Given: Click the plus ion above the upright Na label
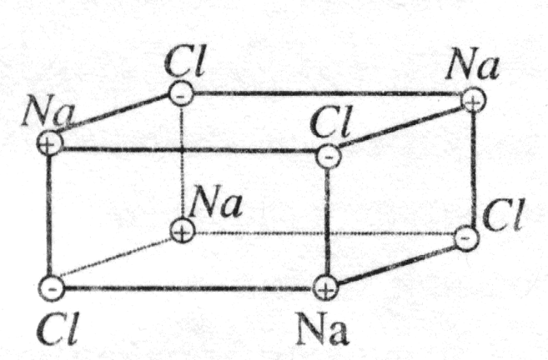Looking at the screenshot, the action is (x=326, y=288).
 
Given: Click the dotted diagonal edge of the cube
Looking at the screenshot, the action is (x=117, y=259).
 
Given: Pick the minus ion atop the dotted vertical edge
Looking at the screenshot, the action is (x=183, y=94).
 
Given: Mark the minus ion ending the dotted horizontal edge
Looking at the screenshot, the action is (x=468, y=238).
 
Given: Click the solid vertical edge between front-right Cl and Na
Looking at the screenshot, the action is (x=327, y=221).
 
